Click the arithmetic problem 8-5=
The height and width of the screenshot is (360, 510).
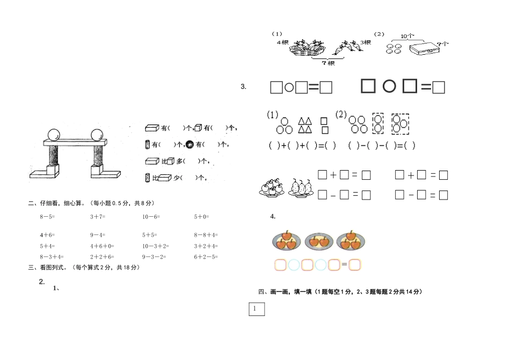(x=47, y=217)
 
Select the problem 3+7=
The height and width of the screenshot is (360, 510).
(x=98, y=217)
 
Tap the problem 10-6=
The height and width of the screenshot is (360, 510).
(x=151, y=217)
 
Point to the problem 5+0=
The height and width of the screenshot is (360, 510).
(x=201, y=217)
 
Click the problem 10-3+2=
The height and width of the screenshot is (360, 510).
(x=155, y=246)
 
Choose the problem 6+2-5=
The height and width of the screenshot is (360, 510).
(x=206, y=256)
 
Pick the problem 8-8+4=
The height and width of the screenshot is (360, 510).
(x=206, y=235)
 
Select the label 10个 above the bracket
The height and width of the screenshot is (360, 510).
(x=407, y=36)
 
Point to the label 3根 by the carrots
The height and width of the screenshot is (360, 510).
(x=366, y=42)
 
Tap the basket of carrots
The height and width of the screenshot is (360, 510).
(x=308, y=48)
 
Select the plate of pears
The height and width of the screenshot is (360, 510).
(x=300, y=187)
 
